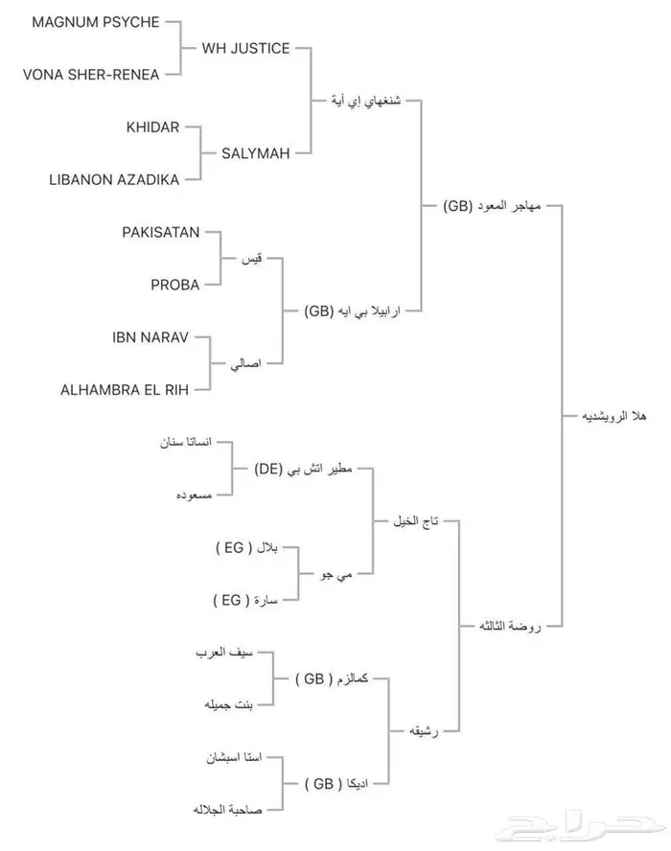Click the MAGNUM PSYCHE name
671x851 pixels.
click(95, 22)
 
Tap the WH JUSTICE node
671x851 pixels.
click(245, 48)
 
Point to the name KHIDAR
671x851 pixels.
click(152, 127)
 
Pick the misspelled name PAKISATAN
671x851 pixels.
click(161, 232)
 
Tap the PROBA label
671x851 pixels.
click(174, 284)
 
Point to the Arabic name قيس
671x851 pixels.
click(253, 259)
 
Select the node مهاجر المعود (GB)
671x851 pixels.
click(491, 206)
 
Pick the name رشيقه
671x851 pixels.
click(424, 731)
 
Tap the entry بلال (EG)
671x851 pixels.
click(246, 548)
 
